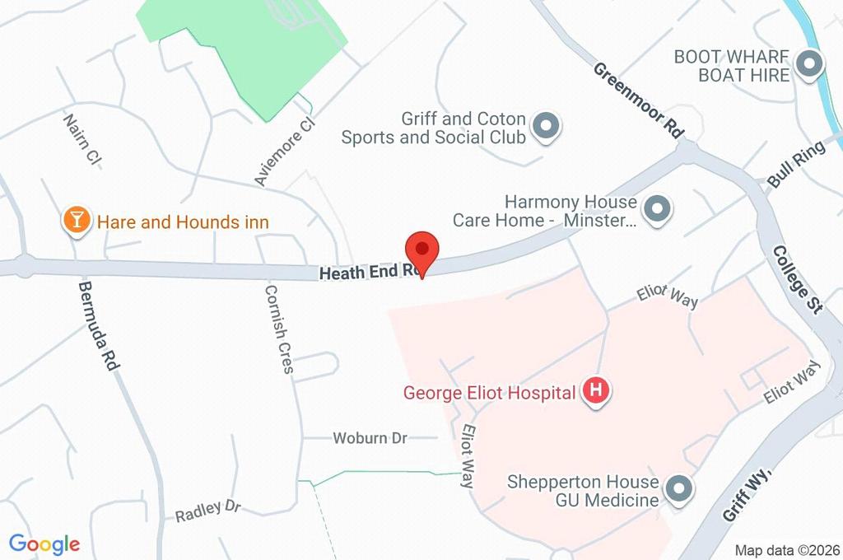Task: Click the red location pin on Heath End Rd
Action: coord(422,249)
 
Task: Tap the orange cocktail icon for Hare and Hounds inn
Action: coord(77,220)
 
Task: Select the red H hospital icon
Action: coord(596,392)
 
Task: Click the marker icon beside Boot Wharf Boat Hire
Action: coord(811,65)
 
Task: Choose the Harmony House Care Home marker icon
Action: coord(656,211)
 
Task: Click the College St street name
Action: coord(798,280)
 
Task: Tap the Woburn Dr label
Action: coord(370,438)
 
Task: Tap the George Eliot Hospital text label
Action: coord(489,393)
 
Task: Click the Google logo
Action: coord(44,544)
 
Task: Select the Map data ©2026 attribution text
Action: coord(786,550)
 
